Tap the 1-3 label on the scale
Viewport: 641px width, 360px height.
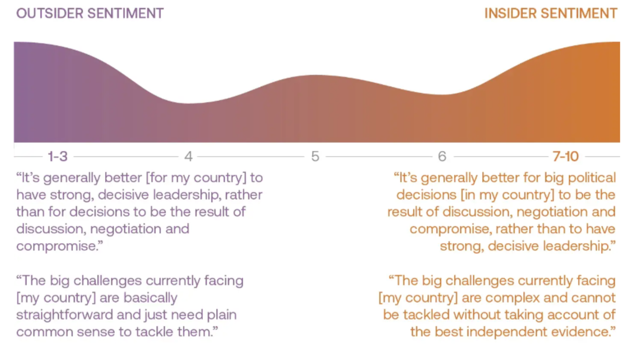(x=58, y=156)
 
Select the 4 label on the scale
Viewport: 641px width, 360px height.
(x=188, y=156)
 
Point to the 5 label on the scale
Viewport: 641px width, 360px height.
(x=315, y=156)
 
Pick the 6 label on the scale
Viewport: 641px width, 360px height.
(x=442, y=156)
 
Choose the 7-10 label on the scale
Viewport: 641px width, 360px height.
(x=566, y=156)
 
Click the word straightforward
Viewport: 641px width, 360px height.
(x=65, y=315)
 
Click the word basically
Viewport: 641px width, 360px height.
(x=151, y=298)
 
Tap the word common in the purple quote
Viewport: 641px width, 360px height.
(x=44, y=332)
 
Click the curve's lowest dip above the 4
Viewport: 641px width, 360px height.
(x=189, y=103)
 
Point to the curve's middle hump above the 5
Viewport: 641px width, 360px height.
(x=315, y=75)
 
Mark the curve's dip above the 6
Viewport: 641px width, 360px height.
(x=442, y=94)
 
